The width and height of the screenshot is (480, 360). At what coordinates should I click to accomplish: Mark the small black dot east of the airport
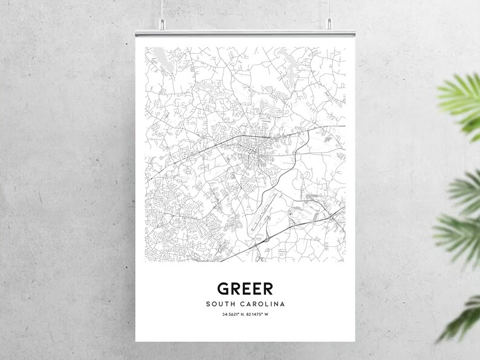290,214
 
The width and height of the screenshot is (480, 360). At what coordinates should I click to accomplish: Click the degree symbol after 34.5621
238,314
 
